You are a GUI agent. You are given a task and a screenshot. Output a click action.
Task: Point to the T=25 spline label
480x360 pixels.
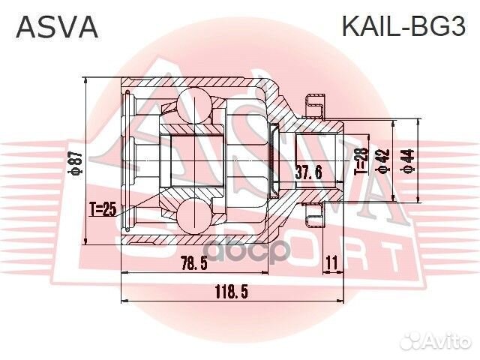103,209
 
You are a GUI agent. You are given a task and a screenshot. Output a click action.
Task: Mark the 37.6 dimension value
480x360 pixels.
309,172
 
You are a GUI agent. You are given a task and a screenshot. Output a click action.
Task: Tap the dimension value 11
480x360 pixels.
332,263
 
